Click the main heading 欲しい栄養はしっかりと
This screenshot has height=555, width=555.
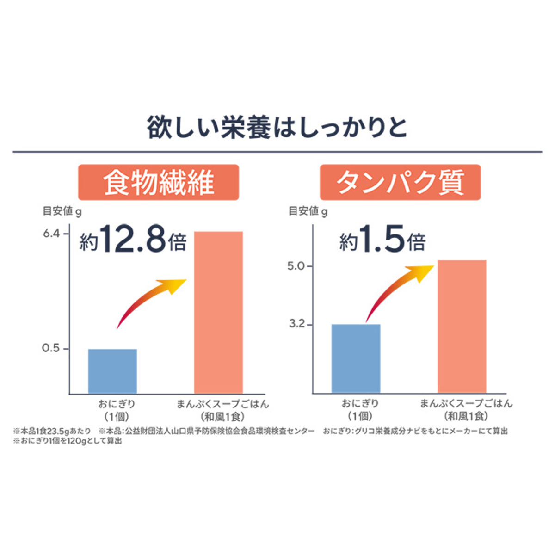tap(277, 128)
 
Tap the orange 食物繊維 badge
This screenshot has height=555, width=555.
tap(159, 182)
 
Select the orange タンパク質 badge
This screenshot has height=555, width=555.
tap(400, 182)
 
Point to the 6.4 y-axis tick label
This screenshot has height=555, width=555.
tap(51, 234)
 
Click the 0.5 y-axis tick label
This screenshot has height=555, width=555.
tap(51, 348)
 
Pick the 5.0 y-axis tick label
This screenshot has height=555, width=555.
tap(296, 266)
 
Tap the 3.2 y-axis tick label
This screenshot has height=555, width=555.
tap(297, 324)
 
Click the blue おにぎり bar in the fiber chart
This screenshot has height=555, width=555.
tap(112, 371)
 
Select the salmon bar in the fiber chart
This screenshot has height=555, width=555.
tap(218, 312)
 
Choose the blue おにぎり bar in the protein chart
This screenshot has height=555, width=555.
tap(356, 358)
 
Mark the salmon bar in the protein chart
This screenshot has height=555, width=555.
tap(462, 326)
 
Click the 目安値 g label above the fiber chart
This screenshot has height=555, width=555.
tap(62, 212)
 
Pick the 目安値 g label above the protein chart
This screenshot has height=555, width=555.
tap(308, 212)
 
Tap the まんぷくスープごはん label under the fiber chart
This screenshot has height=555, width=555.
tap(222, 404)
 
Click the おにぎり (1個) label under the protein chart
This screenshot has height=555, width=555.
tap(360, 410)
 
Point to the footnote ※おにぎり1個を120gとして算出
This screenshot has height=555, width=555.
tap(68, 441)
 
